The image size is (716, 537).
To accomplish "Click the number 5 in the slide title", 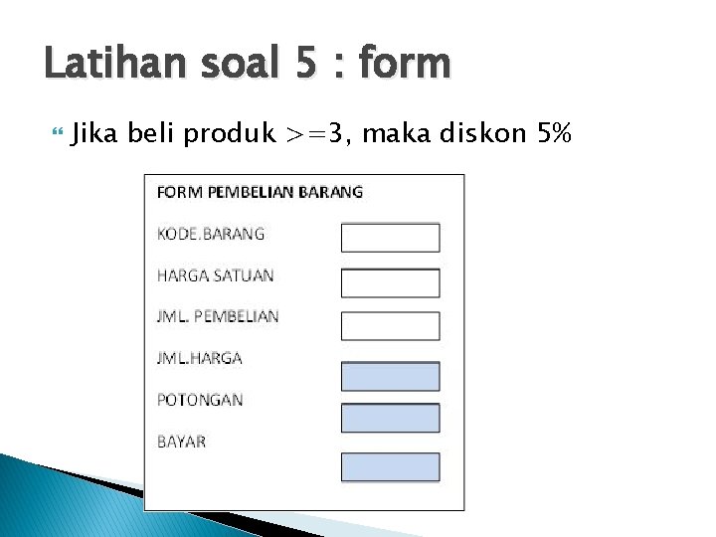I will tap(306, 64).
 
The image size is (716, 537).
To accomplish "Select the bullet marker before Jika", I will tap(56, 130).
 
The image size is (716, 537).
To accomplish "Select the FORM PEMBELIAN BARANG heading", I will tap(260, 192).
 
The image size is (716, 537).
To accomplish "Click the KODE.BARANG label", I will tap(211, 234).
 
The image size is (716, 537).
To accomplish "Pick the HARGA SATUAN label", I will tap(215, 275).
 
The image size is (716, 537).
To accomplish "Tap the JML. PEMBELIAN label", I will tap(218, 316).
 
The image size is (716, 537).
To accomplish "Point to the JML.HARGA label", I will tap(200, 358).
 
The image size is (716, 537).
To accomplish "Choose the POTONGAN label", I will tap(200, 400).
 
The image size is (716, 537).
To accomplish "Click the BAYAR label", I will tap(182, 441).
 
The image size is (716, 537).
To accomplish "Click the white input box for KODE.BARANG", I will tap(390, 238).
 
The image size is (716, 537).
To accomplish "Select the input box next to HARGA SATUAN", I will tap(390, 282).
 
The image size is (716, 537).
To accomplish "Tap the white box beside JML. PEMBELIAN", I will tap(390, 325).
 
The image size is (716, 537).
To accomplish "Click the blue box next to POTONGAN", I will tap(390, 418).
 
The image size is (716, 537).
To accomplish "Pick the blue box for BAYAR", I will tap(390, 466).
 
